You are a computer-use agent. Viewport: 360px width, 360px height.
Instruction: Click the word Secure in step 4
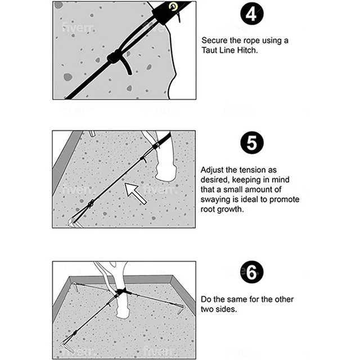click(214, 41)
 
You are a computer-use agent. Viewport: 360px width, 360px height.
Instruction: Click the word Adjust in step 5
click(213, 169)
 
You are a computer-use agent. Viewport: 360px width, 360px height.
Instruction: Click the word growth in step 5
click(233, 210)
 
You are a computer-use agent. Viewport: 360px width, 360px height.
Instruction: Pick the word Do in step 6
click(206, 299)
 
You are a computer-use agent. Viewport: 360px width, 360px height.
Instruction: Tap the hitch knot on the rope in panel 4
click(116, 57)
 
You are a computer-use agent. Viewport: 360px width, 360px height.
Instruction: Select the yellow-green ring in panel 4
click(172, 6)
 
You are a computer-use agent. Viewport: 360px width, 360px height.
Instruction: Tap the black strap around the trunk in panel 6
click(121, 292)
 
